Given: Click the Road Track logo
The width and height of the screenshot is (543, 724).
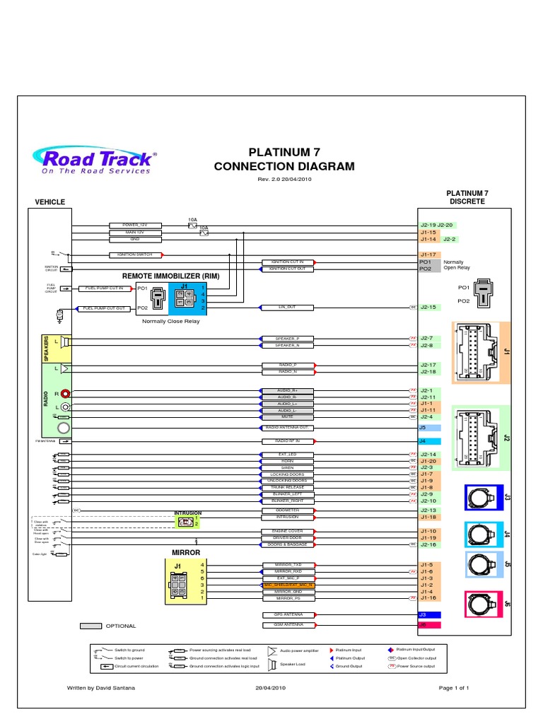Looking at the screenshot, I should pos(95,160).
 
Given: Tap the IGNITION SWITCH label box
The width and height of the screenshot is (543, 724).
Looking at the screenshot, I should pos(134,255).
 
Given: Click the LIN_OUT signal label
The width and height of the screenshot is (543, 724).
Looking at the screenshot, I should pos(287,308).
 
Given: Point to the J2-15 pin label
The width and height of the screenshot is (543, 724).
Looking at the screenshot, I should pos(428,308).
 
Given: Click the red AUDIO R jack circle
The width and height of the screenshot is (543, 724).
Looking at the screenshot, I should pos(65,393).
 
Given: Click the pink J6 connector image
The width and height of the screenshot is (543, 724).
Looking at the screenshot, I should pos(484,605).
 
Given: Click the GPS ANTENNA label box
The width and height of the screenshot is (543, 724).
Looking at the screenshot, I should pos(287,615).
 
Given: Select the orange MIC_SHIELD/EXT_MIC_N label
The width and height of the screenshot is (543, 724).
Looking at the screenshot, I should pos(287,585).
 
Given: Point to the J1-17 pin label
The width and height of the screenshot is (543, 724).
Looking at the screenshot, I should pos(428,255).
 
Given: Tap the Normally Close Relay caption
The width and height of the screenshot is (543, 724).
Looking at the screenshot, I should pos(171,321).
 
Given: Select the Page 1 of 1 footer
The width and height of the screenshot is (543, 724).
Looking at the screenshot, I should pos(454,687).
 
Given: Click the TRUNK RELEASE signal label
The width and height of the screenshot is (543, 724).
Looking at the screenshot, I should pos(287,488).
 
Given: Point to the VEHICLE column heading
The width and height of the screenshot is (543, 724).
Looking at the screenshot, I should pos(50,202).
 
